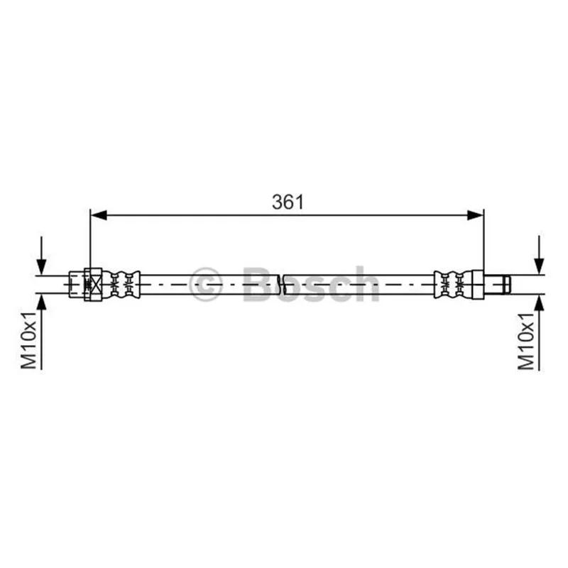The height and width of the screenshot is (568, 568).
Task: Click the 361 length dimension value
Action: [288, 202]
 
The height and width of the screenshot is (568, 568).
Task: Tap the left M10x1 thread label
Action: [29, 339]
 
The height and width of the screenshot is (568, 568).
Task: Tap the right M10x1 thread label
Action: [526, 342]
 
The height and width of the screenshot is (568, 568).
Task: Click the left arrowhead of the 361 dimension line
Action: [99, 215]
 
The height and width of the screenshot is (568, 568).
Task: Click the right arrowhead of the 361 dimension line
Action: [475, 215]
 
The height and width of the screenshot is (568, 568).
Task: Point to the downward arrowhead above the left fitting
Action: [42, 267]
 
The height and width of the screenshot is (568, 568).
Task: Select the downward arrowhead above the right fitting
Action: [540, 266]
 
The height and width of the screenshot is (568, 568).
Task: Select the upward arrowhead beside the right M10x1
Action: [540, 303]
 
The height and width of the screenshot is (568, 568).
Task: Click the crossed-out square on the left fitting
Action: [96, 285]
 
